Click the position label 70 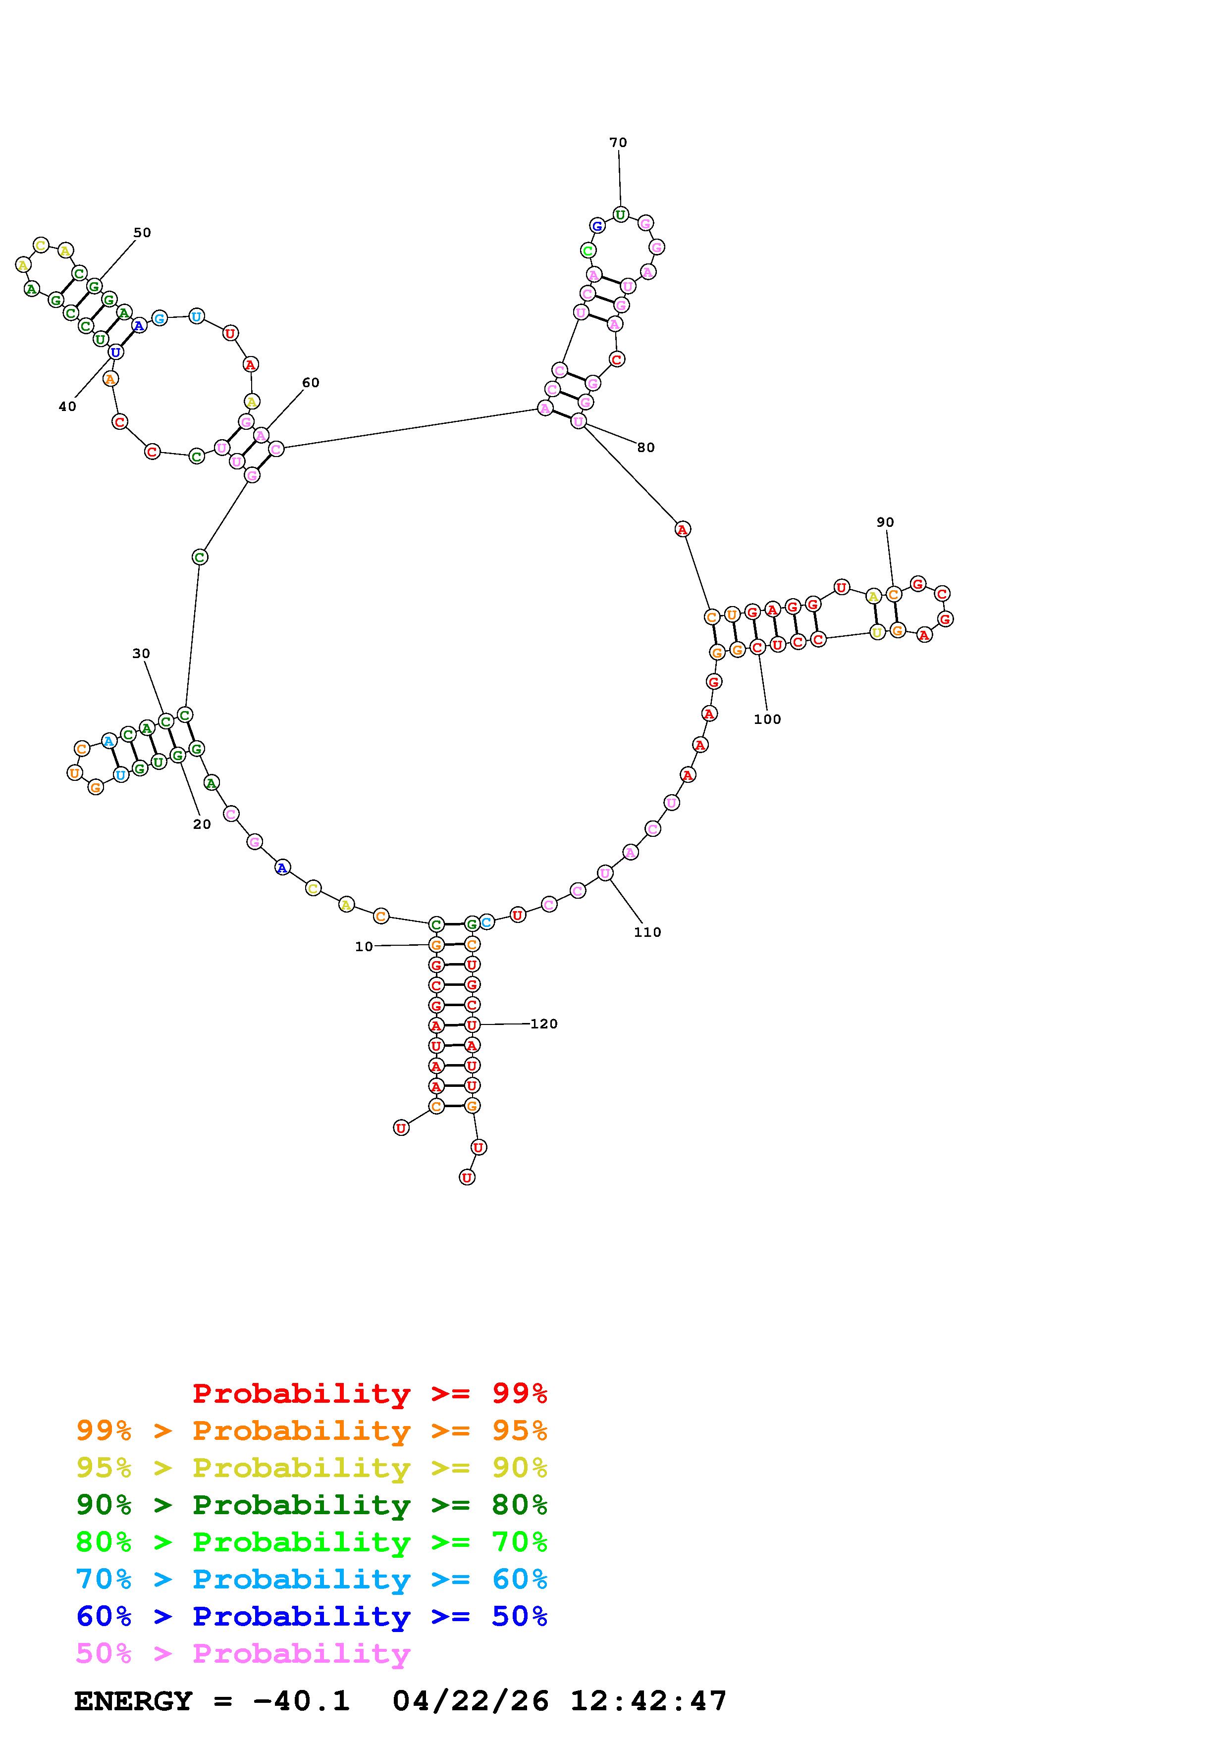pos(618,142)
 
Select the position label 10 pos(364,946)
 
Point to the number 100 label pos(767,719)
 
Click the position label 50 pos(142,233)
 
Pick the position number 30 pos(141,654)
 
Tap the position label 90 pos(885,522)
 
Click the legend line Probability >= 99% pos(370,1393)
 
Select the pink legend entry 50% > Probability pos(243,1653)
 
